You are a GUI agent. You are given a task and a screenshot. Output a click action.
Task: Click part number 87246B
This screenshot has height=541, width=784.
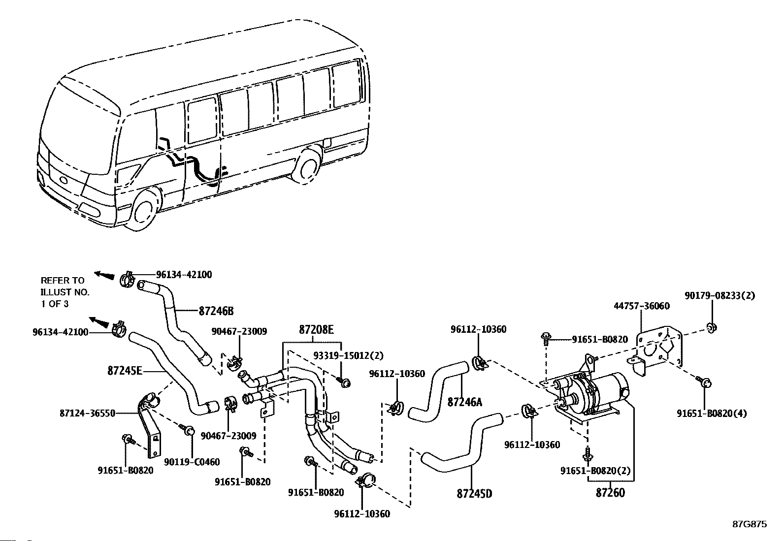[x=216, y=311]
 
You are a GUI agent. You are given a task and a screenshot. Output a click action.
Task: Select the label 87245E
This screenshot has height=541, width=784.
[x=125, y=371]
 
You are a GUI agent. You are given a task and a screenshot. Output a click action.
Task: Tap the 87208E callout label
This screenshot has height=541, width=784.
[x=316, y=329]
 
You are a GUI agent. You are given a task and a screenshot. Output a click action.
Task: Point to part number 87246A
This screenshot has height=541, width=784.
[x=465, y=402]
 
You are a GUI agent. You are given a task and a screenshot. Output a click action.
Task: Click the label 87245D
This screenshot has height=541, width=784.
[x=475, y=493]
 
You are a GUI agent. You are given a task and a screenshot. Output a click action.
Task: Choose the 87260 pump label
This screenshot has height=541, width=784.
[x=610, y=493]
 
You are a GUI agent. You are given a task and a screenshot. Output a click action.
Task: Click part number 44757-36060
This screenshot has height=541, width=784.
[x=642, y=306]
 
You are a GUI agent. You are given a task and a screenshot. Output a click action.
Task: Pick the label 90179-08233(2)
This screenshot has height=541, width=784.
[x=720, y=296]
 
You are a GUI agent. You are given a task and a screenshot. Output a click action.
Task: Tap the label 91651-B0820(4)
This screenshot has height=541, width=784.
[x=712, y=414]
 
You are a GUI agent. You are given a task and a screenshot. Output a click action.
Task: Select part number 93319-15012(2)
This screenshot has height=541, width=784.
[x=348, y=355]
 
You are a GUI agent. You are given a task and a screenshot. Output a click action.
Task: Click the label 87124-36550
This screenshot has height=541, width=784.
[x=88, y=414]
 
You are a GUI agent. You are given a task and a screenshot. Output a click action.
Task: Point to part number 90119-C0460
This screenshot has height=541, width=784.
[x=192, y=462]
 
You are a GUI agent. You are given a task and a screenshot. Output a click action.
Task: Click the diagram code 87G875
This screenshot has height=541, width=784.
[x=750, y=524]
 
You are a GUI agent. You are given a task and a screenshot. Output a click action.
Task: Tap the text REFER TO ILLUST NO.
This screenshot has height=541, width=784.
[x=65, y=286]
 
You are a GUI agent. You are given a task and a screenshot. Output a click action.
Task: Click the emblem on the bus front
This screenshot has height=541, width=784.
[x=64, y=180]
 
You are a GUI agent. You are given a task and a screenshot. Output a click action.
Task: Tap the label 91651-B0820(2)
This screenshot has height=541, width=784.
[x=595, y=471]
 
